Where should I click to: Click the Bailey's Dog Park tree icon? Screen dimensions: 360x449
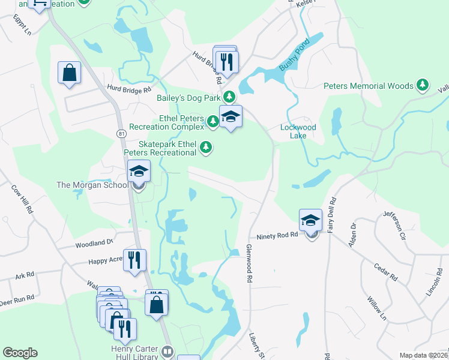229,97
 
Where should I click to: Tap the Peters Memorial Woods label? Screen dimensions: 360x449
369,86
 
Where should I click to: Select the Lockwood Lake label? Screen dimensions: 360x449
298,131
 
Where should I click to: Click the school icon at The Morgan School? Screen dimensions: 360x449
138,173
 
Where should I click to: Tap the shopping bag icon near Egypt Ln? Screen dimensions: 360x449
69,73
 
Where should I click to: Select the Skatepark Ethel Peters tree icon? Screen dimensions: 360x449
206,147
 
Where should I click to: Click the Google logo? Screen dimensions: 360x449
20,353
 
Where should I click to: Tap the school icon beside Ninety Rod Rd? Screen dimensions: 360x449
311,221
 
